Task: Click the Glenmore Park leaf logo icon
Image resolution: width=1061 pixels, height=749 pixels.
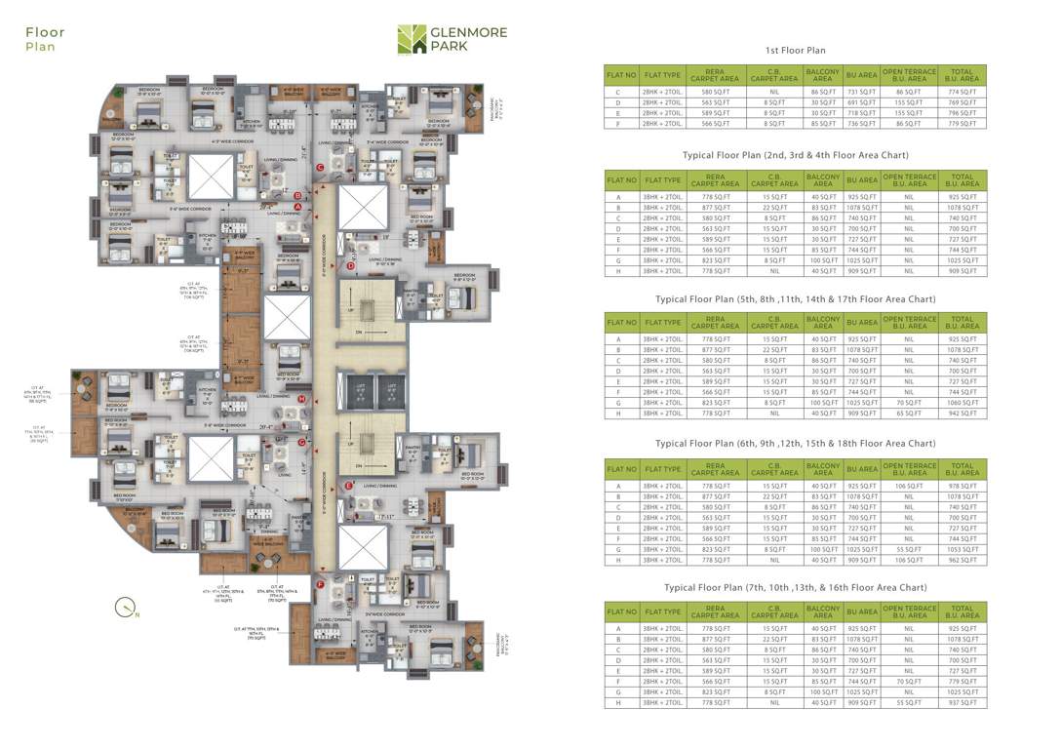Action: coord(412,40)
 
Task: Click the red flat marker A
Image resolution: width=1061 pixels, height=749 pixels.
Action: coord(311,206)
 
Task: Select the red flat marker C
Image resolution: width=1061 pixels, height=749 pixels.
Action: coord(320,167)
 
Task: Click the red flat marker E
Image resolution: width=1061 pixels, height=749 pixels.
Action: coord(348,485)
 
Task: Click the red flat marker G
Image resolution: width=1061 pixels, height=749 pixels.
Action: coord(302,442)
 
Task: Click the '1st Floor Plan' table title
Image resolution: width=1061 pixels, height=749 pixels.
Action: coord(795,51)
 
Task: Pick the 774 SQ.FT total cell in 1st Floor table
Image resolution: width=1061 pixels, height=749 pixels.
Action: coord(962,92)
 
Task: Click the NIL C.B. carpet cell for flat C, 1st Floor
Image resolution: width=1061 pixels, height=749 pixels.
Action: coord(774,92)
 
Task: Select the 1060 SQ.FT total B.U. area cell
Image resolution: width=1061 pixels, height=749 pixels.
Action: coord(962,403)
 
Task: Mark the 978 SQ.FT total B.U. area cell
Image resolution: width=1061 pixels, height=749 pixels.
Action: coord(962,486)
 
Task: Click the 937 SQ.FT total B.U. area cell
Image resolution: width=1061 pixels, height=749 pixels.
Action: coord(962,703)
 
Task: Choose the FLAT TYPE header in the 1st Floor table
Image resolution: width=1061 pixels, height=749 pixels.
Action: coord(662,74)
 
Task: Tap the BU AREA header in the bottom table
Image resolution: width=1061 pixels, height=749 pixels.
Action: coord(862,612)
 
